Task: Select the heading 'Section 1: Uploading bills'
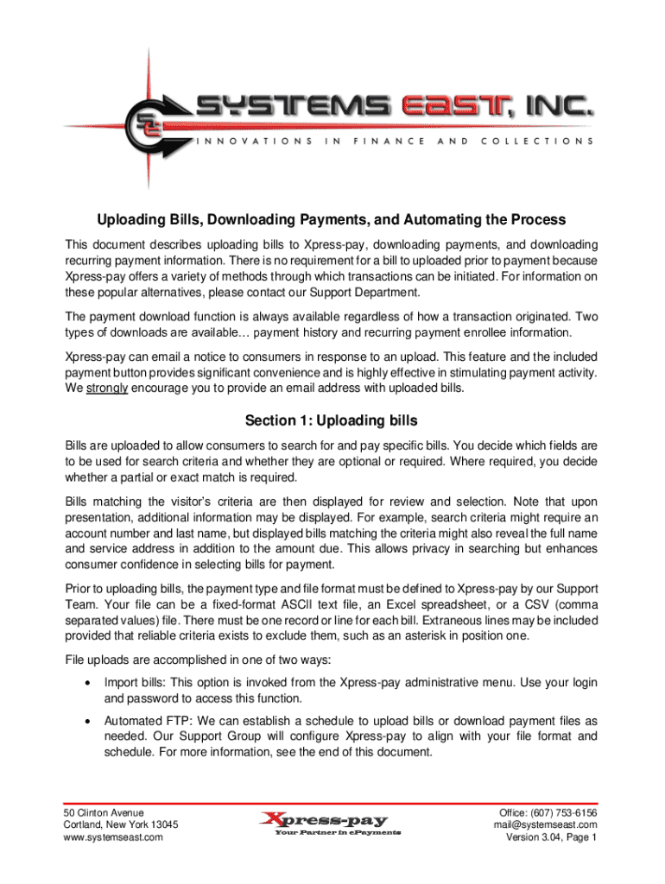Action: (332, 420)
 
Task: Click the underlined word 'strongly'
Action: (106, 388)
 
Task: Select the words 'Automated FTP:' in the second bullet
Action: (149, 721)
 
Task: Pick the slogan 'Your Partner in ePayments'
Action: (338, 833)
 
